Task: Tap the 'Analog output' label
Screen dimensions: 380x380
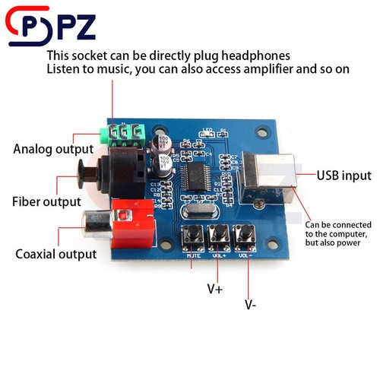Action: (x=52, y=148)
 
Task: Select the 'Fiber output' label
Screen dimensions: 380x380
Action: (x=46, y=201)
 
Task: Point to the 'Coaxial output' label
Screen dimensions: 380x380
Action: (x=55, y=253)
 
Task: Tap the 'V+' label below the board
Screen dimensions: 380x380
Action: (x=215, y=289)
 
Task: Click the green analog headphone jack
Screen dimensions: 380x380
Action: (x=122, y=135)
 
